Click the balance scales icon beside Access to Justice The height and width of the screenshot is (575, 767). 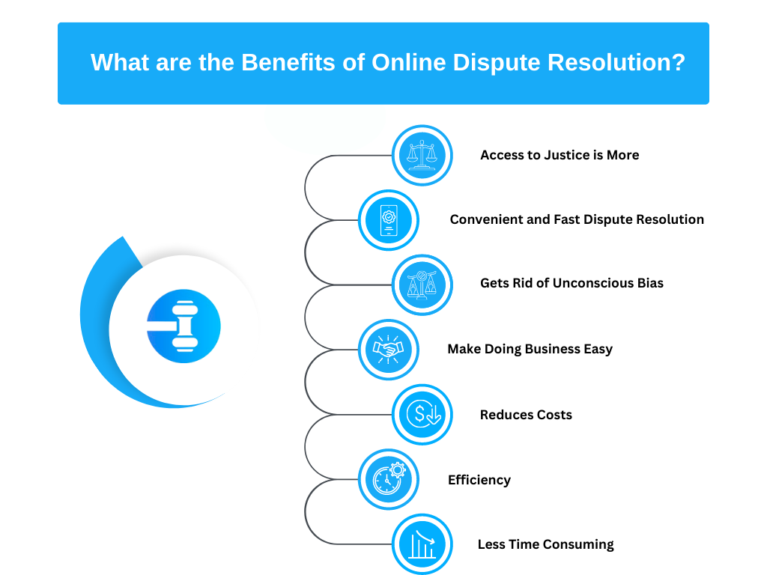point(422,156)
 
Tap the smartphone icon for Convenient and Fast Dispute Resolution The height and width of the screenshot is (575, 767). point(389,220)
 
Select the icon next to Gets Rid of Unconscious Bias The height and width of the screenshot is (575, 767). point(422,285)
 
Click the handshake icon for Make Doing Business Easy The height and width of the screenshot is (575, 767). point(389,350)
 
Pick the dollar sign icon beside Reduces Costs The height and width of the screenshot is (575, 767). point(422,415)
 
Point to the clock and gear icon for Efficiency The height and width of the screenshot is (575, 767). point(389,479)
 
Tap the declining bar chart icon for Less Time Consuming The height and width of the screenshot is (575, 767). point(422,544)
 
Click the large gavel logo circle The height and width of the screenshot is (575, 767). point(184,326)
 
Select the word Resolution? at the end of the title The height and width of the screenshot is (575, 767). point(616,63)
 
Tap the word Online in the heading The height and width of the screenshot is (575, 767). point(409,63)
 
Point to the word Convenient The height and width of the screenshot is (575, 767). point(486,219)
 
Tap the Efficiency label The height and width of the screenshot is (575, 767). point(479,480)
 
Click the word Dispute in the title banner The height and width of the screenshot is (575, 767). point(497,63)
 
